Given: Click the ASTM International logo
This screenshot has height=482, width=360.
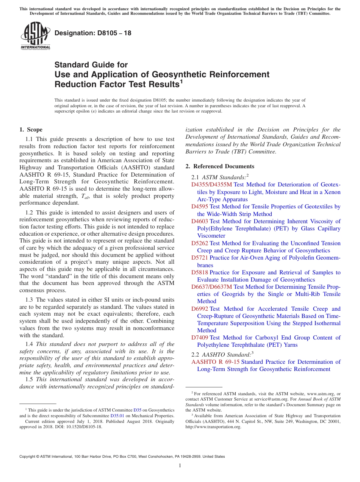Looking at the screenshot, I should click(35, 36).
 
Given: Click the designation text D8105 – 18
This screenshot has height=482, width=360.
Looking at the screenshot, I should click(93, 33).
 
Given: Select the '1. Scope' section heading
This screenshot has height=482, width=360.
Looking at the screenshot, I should click(31, 130).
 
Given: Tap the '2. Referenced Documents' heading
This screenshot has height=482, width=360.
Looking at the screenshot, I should click(220, 166).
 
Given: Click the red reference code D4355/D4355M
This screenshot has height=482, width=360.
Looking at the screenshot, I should click(211, 185).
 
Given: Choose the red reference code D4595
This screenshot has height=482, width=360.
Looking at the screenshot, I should click(200, 207).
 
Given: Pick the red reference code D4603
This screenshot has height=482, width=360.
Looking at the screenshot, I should click(200, 221).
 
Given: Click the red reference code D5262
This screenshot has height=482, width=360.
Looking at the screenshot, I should click(200, 243).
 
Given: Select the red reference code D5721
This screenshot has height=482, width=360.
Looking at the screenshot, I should click(200, 258).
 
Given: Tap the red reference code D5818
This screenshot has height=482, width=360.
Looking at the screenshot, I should click(200, 272).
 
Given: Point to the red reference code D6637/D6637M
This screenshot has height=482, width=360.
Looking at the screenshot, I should click(212, 287).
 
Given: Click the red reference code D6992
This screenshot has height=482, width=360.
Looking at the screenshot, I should click(200, 309).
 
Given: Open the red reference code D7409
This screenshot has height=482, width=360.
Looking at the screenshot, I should click(200, 338).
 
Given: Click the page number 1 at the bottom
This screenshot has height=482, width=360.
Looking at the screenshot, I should click(180, 466).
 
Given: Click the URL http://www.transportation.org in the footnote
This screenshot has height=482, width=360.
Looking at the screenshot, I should click(213, 427).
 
